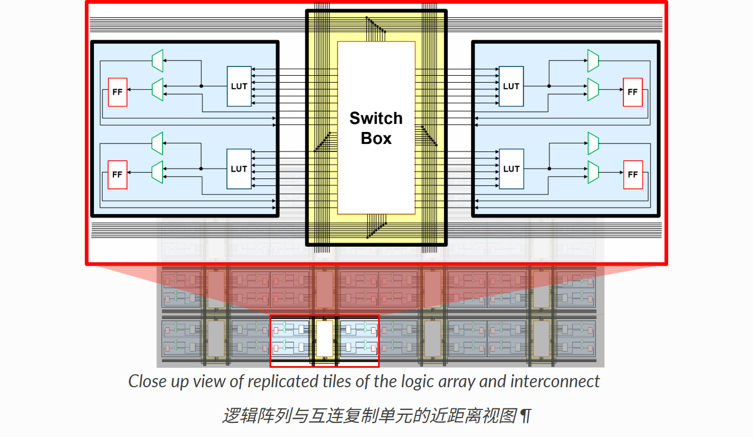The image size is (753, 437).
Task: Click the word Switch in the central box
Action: point(376,118)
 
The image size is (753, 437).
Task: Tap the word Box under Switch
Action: point(376,138)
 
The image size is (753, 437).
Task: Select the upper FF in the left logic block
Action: point(117,92)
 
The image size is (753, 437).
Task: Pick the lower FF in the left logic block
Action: point(117,175)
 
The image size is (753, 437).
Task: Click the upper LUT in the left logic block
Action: point(239,86)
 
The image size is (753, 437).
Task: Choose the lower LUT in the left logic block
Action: point(239,169)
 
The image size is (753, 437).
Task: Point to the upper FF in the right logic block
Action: point(633,92)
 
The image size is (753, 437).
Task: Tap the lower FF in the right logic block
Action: point(633,175)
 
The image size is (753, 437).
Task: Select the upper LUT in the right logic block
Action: point(511,86)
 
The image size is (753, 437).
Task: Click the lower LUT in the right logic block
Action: point(511,169)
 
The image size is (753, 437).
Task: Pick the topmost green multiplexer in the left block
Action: point(157,61)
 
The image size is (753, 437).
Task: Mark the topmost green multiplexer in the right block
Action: point(593,61)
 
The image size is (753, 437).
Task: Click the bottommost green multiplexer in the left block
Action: point(157,171)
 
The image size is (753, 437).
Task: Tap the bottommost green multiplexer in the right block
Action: point(593,171)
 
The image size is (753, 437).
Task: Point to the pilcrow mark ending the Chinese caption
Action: point(525,416)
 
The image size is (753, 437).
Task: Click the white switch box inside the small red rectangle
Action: point(324,339)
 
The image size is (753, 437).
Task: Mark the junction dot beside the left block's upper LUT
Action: point(201,86)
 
